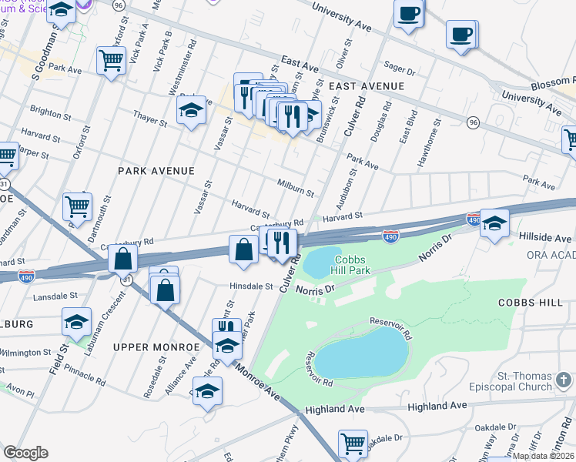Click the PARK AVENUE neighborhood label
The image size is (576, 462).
point(156,170)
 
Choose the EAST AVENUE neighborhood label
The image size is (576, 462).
point(367,86)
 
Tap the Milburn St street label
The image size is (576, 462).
point(295,186)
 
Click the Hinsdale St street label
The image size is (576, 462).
point(251,286)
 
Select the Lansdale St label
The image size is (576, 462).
point(56,295)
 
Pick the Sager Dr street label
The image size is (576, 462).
point(400,71)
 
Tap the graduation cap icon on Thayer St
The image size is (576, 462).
point(191,111)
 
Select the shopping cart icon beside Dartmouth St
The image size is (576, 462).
point(77,206)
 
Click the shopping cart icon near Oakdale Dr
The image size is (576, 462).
point(353,444)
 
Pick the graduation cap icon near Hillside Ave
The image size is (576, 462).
point(494,223)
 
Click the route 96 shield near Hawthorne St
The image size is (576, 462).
point(473,122)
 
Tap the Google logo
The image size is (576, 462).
point(25,452)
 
